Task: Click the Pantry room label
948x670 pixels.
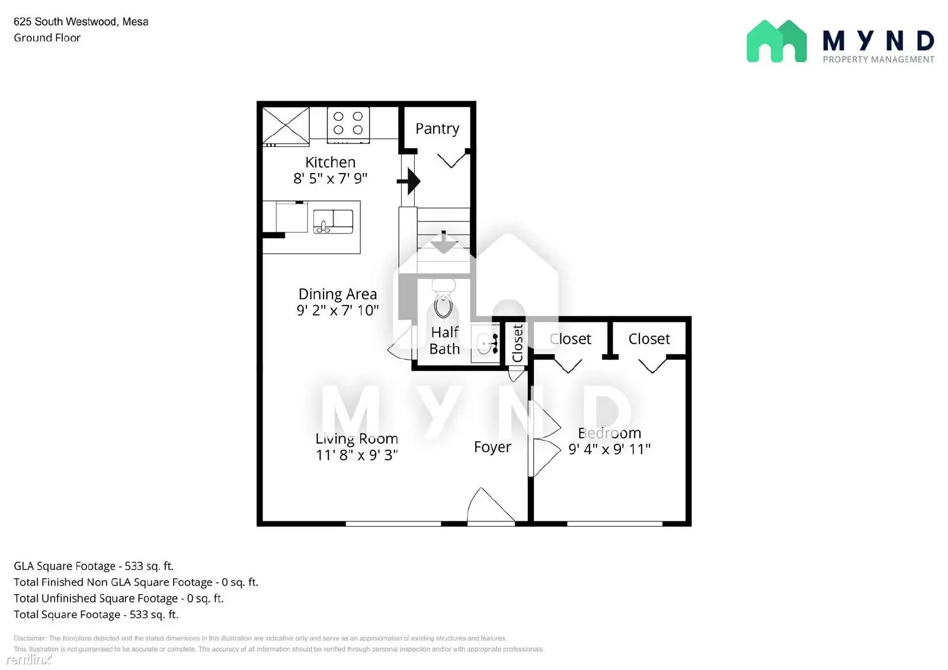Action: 437,129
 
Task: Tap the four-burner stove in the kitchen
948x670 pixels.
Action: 348,125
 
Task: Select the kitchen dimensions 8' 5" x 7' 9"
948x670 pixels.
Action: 330,178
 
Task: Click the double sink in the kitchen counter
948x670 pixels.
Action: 333,222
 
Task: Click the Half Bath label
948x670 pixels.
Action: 444,340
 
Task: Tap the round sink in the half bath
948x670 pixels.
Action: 485,343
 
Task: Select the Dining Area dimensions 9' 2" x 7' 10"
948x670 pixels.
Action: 337,310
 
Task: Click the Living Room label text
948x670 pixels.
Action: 356,438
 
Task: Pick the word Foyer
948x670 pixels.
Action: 492,447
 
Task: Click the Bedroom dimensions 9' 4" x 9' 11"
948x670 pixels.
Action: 609,448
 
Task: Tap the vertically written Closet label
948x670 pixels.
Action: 517,343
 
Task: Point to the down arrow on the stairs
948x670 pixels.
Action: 444,242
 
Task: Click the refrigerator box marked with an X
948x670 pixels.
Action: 286,126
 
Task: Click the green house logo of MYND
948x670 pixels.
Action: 777,41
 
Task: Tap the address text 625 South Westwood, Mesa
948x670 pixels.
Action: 81,21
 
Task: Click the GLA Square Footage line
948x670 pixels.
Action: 94,566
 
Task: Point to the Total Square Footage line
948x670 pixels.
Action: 96,614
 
